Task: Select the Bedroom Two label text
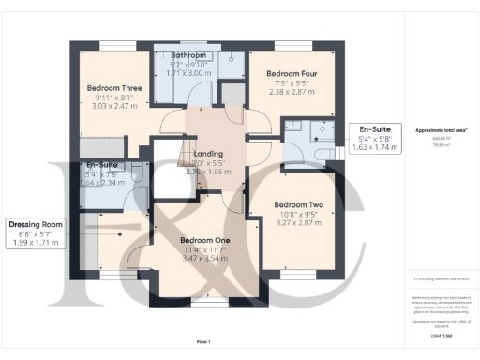298,204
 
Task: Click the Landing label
207,153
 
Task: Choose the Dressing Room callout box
35,233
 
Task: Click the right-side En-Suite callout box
375,139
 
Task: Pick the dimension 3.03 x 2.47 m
112,108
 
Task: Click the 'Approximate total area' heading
442,130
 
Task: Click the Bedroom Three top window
115,45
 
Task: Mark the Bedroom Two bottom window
298,277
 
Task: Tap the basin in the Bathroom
231,57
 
